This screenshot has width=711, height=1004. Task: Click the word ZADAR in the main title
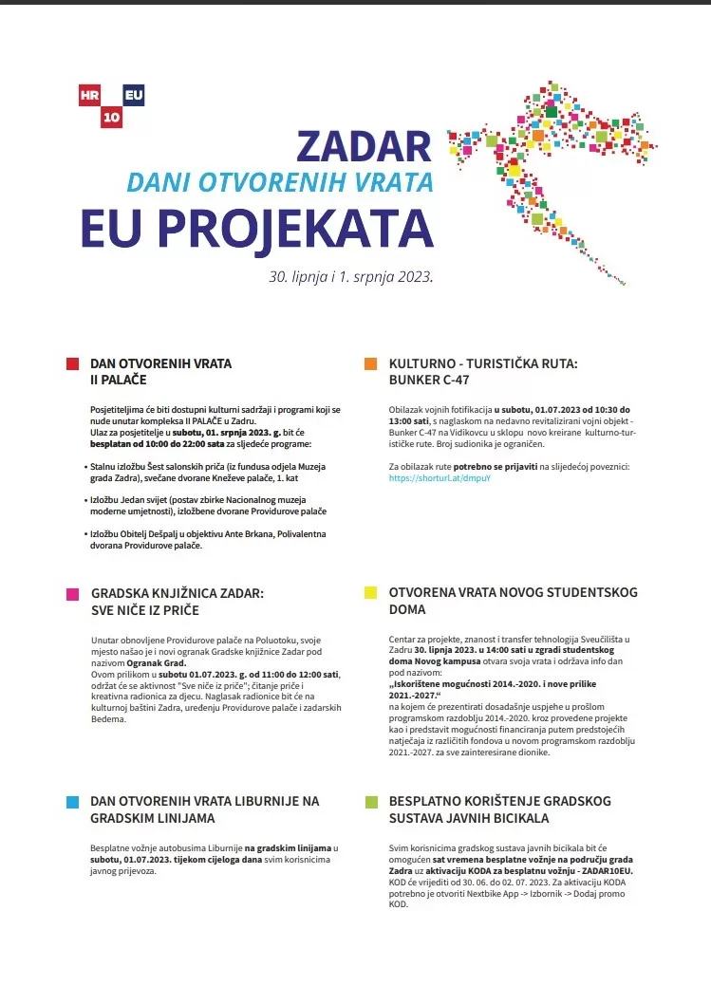tap(364, 146)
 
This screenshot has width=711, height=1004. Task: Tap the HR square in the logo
tap(91, 95)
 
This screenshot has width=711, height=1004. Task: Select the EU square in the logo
tap(133, 95)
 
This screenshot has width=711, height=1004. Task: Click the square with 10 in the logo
tap(112, 117)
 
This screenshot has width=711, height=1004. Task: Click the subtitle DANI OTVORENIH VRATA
tap(280, 181)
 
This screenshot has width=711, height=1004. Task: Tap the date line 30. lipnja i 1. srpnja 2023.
tap(351, 278)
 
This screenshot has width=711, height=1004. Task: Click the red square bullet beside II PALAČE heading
tap(72, 363)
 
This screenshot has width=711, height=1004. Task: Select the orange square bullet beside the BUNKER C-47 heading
tap(371, 363)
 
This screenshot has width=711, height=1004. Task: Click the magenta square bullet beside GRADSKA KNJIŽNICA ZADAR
tap(72, 594)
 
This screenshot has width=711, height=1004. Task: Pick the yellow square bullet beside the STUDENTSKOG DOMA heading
tap(371, 593)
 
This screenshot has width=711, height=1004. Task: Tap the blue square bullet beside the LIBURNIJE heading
tap(72, 802)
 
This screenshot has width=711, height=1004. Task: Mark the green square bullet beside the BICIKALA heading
tap(371, 802)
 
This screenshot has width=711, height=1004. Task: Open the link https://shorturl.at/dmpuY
tap(440, 478)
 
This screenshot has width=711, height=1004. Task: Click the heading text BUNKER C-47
tap(429, 380)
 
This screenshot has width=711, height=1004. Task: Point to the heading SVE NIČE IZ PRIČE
tap(147, 609)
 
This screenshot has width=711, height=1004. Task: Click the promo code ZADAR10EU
tap(603, 870)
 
